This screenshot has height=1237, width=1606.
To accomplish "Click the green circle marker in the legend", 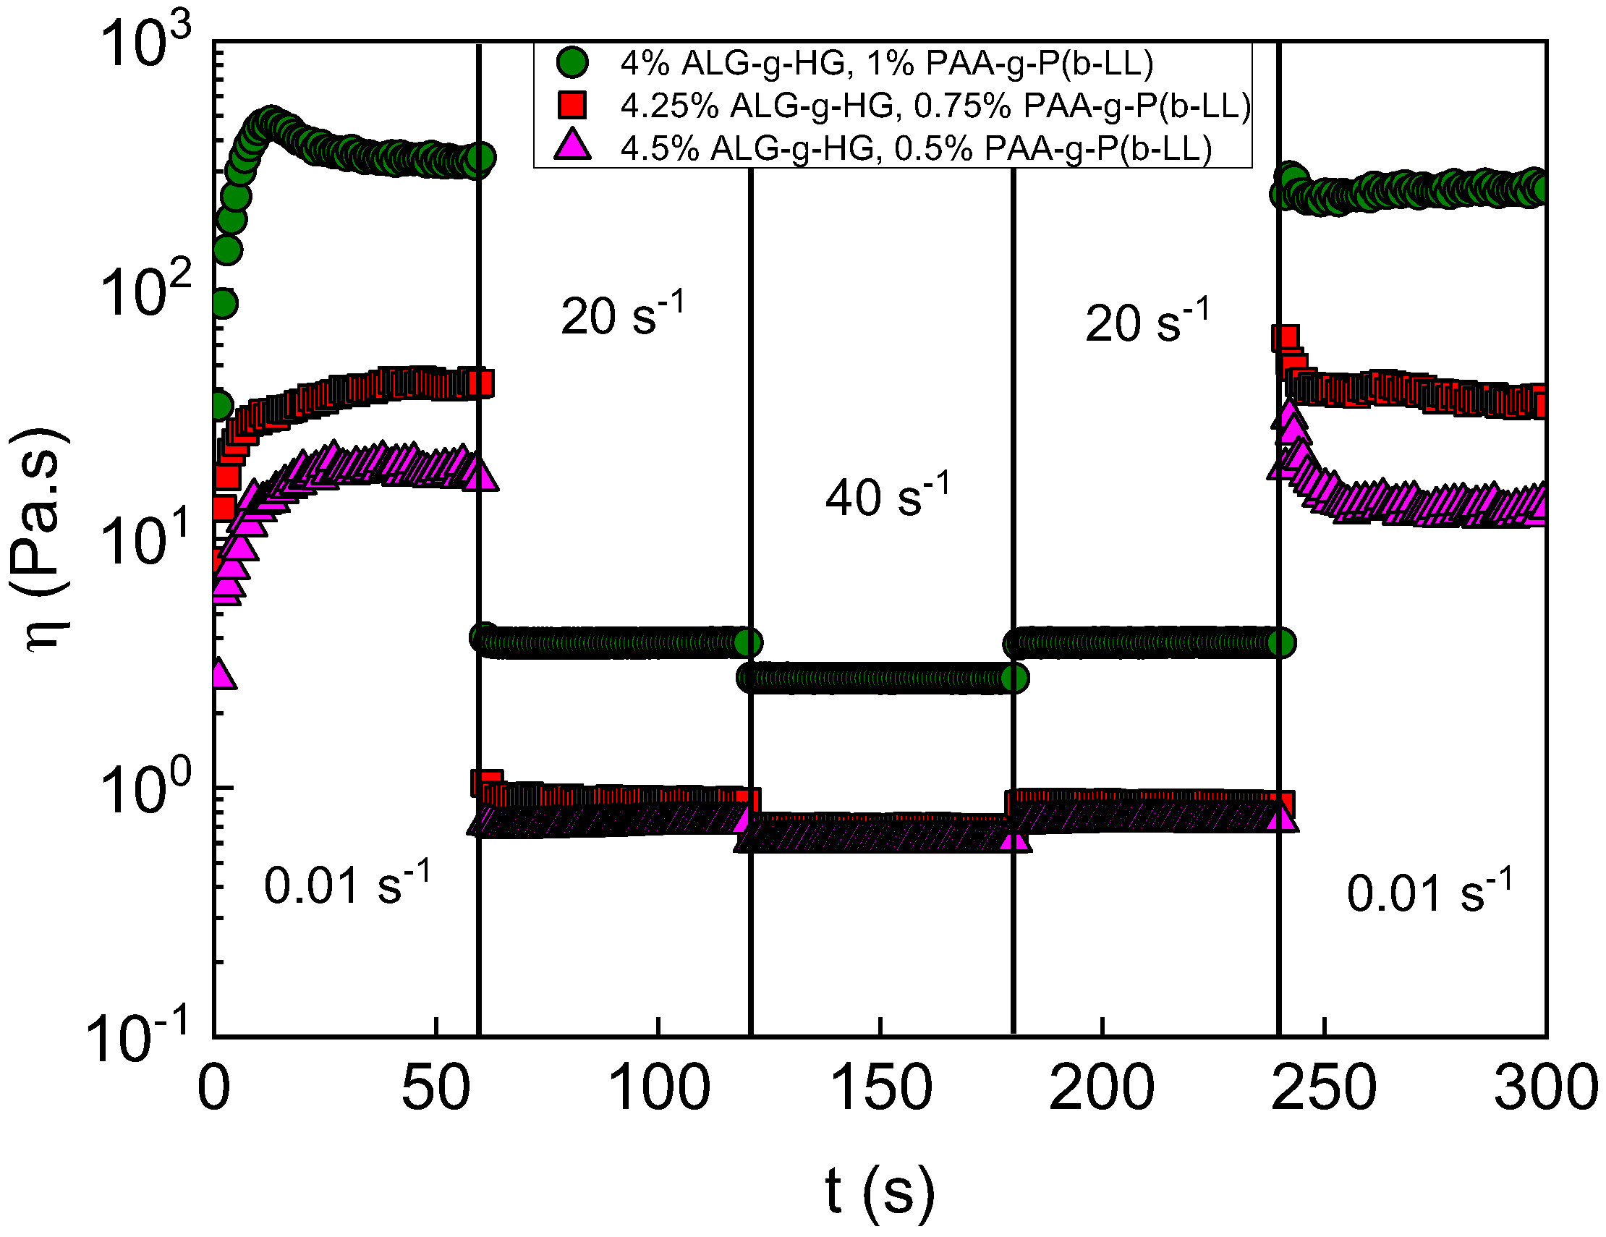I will coord(572,62).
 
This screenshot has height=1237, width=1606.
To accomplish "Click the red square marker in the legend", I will coord(572,105).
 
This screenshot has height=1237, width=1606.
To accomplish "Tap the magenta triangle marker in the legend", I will coord(572,144).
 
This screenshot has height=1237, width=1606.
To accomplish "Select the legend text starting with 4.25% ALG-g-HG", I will coord(935,106).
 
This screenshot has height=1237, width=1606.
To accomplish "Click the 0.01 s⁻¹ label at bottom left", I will coord(347,883).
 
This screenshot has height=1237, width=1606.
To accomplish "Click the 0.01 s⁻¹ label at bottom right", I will coord(1429,890).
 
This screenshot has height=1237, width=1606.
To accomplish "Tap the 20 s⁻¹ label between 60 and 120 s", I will coord(622,314).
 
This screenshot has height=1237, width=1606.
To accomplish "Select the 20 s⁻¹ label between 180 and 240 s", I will coord(1147,320).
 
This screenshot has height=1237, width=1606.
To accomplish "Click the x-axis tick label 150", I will coord(880,1089).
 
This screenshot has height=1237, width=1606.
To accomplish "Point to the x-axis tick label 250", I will coord(1323,1089).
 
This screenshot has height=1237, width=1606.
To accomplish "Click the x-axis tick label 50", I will coord(436,1089).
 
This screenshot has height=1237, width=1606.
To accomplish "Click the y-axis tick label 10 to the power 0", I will coord(145,790).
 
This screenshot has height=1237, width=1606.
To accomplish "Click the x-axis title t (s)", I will coord(880,1191).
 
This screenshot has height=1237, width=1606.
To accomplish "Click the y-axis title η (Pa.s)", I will coord(41,540).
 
